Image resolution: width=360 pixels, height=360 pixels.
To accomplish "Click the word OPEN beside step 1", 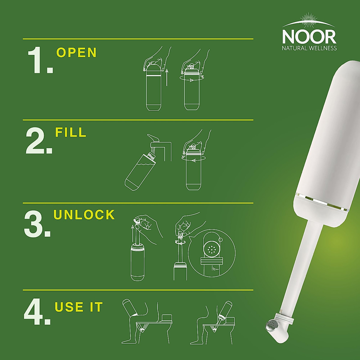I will click(x=76, y=52).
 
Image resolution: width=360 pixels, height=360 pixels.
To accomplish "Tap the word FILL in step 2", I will click(x=71, y=132).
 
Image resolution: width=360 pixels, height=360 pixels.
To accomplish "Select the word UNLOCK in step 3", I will click(x=84, y=215).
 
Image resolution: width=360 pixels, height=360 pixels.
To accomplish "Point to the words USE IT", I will click(x=79, y=307).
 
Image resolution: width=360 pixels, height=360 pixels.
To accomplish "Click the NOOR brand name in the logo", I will click(x=309, y=36).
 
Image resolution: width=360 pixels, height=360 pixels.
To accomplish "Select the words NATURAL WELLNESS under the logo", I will click(x=309, y=48).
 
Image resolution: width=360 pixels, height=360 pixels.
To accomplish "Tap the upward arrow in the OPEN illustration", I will click(x=167, y=77).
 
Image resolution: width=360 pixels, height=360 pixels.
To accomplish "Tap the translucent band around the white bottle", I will click(x=322, y=200).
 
